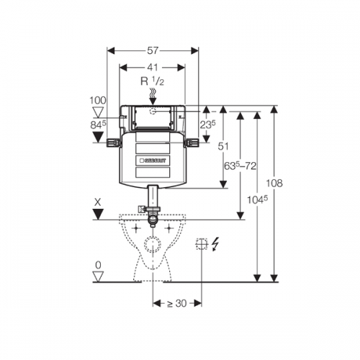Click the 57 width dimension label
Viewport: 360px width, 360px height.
click(x=153, y=50)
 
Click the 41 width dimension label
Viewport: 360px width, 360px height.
click(x=153, y=68)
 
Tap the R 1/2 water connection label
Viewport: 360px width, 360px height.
click(x=152, y=81)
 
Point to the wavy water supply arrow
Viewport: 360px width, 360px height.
click(x=153, y=96)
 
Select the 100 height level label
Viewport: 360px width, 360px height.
click(x=98, y=100)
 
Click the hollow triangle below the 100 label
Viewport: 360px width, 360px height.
click(x=98, y=112)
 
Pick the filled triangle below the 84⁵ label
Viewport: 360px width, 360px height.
click(x=98, y=138)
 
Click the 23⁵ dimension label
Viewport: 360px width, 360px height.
click(x=208, y=125)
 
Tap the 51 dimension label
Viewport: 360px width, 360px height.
click(x=223, y=146)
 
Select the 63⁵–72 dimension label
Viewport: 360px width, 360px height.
click(x=240, y=166)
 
